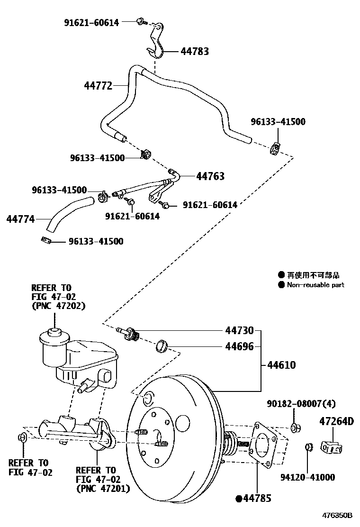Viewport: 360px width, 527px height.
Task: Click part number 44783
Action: tap(195, 51)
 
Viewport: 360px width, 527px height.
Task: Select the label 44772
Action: tap(98, 86)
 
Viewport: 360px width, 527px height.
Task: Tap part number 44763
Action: tap(210, 176)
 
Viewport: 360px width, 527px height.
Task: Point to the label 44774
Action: tap(20, 219)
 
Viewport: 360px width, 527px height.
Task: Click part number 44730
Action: tap(239, 330)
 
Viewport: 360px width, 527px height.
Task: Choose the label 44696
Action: tap(239, 346)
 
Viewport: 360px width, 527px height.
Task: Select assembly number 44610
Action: tap(281, 365)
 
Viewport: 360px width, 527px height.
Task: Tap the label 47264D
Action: tap(336, 421)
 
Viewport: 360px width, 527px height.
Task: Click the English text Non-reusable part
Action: tap(315, 285)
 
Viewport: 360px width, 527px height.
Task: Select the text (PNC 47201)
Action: tap(103, 488)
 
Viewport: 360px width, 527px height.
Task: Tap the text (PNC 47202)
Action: tap(58, 306)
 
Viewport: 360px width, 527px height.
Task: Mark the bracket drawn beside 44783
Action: tap(157, 40)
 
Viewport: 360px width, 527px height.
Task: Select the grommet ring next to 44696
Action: tap(162, 346)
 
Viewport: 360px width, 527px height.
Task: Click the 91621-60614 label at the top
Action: tap(92, 22)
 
